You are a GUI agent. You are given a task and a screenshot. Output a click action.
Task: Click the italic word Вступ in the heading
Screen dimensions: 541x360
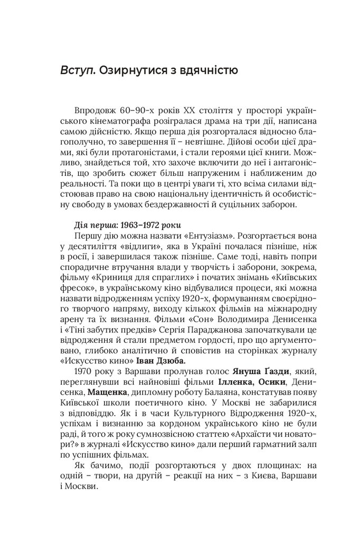point(78,70)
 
